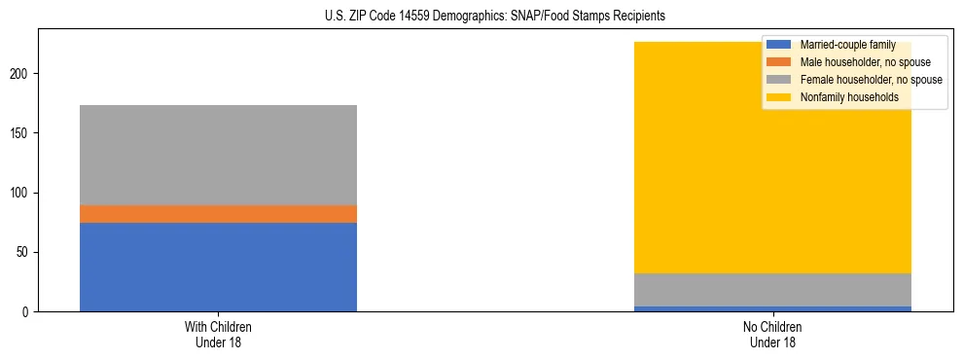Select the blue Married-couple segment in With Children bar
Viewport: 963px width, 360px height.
tap(218, 267)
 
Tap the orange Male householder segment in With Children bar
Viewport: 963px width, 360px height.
tap(218, 214)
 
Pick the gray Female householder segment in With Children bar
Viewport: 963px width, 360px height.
tap(218, 155)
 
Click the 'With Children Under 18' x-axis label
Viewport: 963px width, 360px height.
tap(218, 334)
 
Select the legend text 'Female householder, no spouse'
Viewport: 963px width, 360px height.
tap(871, 80)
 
